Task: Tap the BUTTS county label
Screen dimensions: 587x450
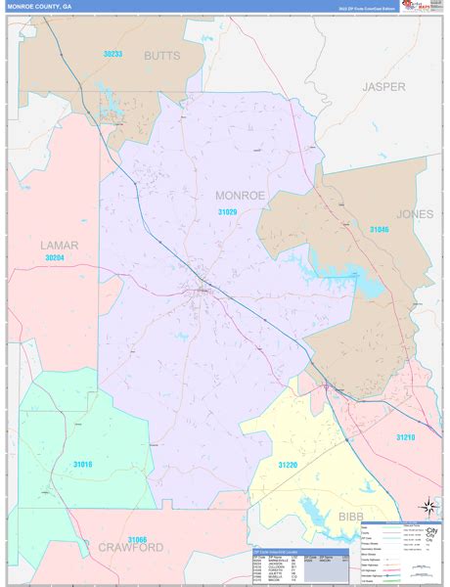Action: click(161, 56)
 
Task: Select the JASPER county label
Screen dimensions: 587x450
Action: click(382, 86)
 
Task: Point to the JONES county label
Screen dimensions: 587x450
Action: click(414, 213)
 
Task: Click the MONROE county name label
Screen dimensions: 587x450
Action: click(240, 196)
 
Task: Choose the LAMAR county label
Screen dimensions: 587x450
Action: click(59, 245)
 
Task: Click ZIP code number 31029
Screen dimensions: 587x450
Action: click(227, 211)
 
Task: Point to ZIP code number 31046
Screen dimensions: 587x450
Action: click(379, 229)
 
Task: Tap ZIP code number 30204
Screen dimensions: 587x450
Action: click(60, 258)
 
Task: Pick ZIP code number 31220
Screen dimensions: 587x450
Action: click(288, 465)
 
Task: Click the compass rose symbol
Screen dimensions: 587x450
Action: click(427, 507)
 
